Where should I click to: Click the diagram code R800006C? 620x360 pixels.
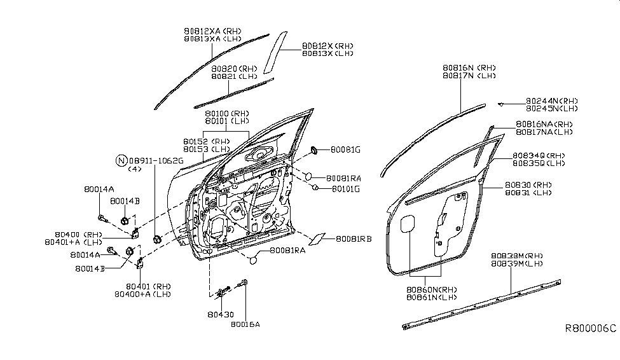tap(591, 329)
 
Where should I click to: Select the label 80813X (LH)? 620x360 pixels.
tap(327, 54)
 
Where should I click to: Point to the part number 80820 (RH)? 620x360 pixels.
tap(233, 68)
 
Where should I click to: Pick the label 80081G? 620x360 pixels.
tap(346, 150)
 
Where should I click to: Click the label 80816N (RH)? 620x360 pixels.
tap(469, 67)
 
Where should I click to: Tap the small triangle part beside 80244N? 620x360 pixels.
tap(500, 103)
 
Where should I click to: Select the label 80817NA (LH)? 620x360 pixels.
tap(544, 132)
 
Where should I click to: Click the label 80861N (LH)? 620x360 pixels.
tap(432, 297)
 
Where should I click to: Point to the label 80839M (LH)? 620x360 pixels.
tap(517, 263)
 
